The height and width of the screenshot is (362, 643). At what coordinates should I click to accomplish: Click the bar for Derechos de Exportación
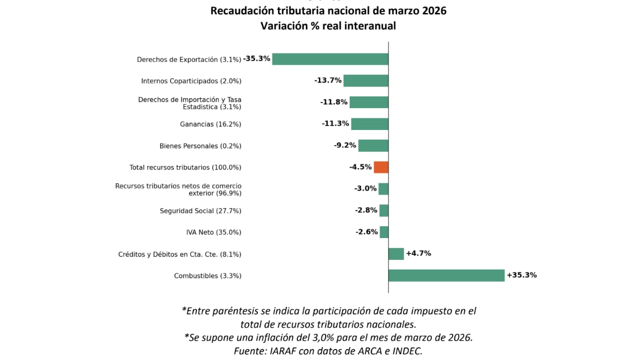(330, 59)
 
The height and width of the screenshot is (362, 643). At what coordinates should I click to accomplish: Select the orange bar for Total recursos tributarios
(381, 167)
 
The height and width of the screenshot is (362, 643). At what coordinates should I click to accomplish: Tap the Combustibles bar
(446, 275)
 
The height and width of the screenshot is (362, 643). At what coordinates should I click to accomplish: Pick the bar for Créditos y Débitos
(396, 254)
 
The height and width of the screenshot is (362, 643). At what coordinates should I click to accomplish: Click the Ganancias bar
(369, 124)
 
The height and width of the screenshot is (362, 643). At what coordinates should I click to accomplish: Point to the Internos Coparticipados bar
(365, 81)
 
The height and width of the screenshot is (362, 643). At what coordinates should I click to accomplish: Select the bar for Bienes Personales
(373, 146)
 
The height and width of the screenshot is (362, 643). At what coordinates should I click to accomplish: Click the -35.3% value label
(256, 58)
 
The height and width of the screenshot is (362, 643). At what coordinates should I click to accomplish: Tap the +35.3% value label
(521, 275)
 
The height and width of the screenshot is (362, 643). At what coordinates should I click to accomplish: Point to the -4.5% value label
(360, 167)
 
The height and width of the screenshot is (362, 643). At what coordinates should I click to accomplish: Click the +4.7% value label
(418, 253)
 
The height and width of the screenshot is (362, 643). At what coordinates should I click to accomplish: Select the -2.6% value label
(366, 232)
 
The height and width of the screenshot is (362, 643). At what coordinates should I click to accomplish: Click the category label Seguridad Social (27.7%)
(200, 211)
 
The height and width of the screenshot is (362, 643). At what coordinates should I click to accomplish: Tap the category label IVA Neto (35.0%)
(213, 233)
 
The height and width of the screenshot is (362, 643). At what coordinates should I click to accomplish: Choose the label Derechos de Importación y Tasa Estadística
(189, 103)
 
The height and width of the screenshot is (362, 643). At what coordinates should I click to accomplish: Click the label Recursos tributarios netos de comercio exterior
(178, 189)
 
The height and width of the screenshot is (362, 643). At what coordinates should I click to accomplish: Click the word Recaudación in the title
(242, 11)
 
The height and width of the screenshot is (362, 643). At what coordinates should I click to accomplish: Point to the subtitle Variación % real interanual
(328, 26)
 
